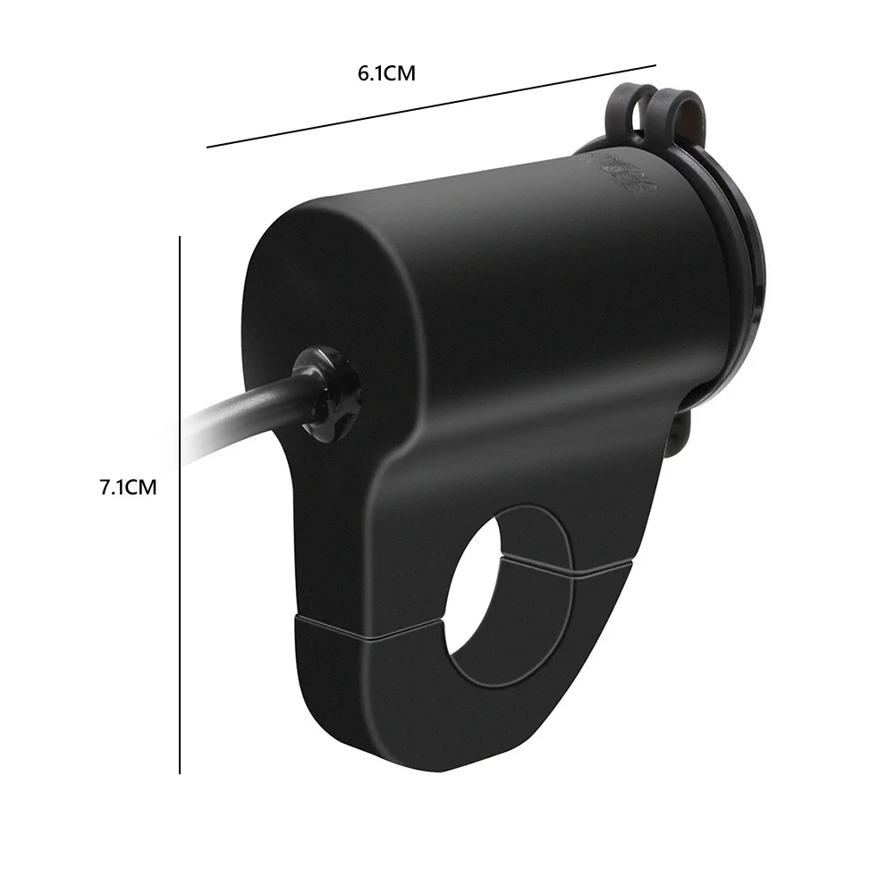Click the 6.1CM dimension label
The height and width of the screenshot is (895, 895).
(387, 74)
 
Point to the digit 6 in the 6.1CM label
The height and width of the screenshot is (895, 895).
(364, 74)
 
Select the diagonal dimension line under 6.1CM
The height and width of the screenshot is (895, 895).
(432, 105)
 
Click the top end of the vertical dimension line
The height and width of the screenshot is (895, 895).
(180, 238)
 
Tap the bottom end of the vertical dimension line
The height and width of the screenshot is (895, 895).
(180, 773)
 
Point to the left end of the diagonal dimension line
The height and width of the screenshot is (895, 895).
(208, 146)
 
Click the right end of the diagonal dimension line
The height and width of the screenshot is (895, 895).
(655, 64)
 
